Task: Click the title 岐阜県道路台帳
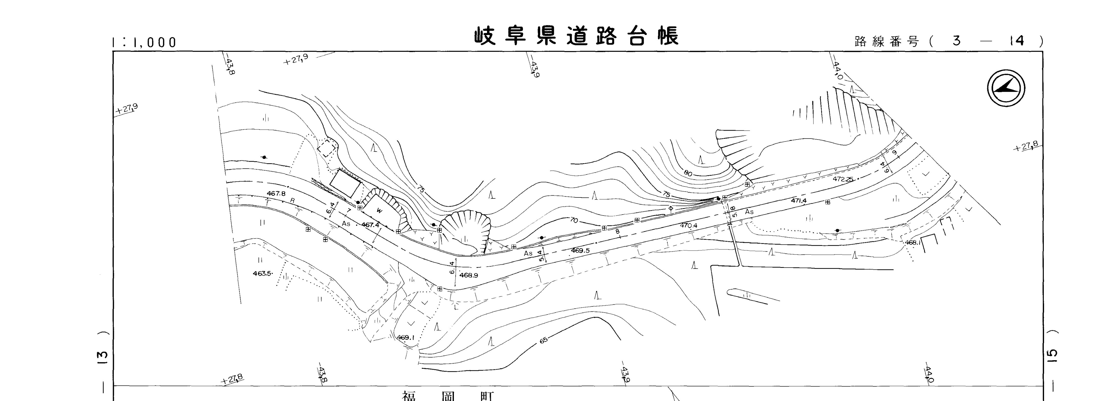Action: click(x=576, y=36)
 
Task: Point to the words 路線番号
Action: click(x=887, y=42)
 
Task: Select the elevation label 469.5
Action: click(x=580, y=251)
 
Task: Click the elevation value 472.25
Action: click(x=843, y=179)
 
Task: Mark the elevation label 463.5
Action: click(x=262, y=273)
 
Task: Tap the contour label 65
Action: click(x=544, y=340)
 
